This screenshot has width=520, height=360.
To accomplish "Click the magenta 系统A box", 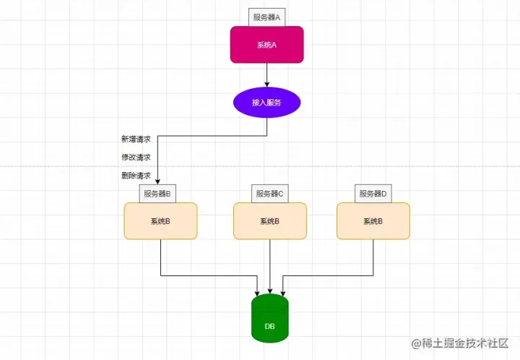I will [x=267, y=45].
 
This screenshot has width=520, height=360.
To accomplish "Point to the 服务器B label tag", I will [x=157, y=194].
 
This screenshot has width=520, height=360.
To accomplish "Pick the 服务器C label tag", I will [x=270, y=194].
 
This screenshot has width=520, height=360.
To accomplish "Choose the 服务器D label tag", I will [x=373, y=194].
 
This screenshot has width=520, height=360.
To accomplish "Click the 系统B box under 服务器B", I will [x=160, y=220].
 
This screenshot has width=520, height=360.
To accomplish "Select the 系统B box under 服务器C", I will [x=270, y=220].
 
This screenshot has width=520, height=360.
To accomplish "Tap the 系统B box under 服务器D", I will [x=373, y=220].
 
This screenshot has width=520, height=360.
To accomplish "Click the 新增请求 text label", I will [x=136, y=139].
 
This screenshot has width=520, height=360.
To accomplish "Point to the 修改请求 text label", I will [x=136, y=157].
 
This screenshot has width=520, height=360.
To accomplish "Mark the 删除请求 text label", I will [x=136, y=176].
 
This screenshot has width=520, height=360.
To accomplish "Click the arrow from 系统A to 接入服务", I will [x=267, y=75].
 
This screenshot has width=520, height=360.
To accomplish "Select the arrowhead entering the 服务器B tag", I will [x=157, y=181].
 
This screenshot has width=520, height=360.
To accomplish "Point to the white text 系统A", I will [x=267, y=45].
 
